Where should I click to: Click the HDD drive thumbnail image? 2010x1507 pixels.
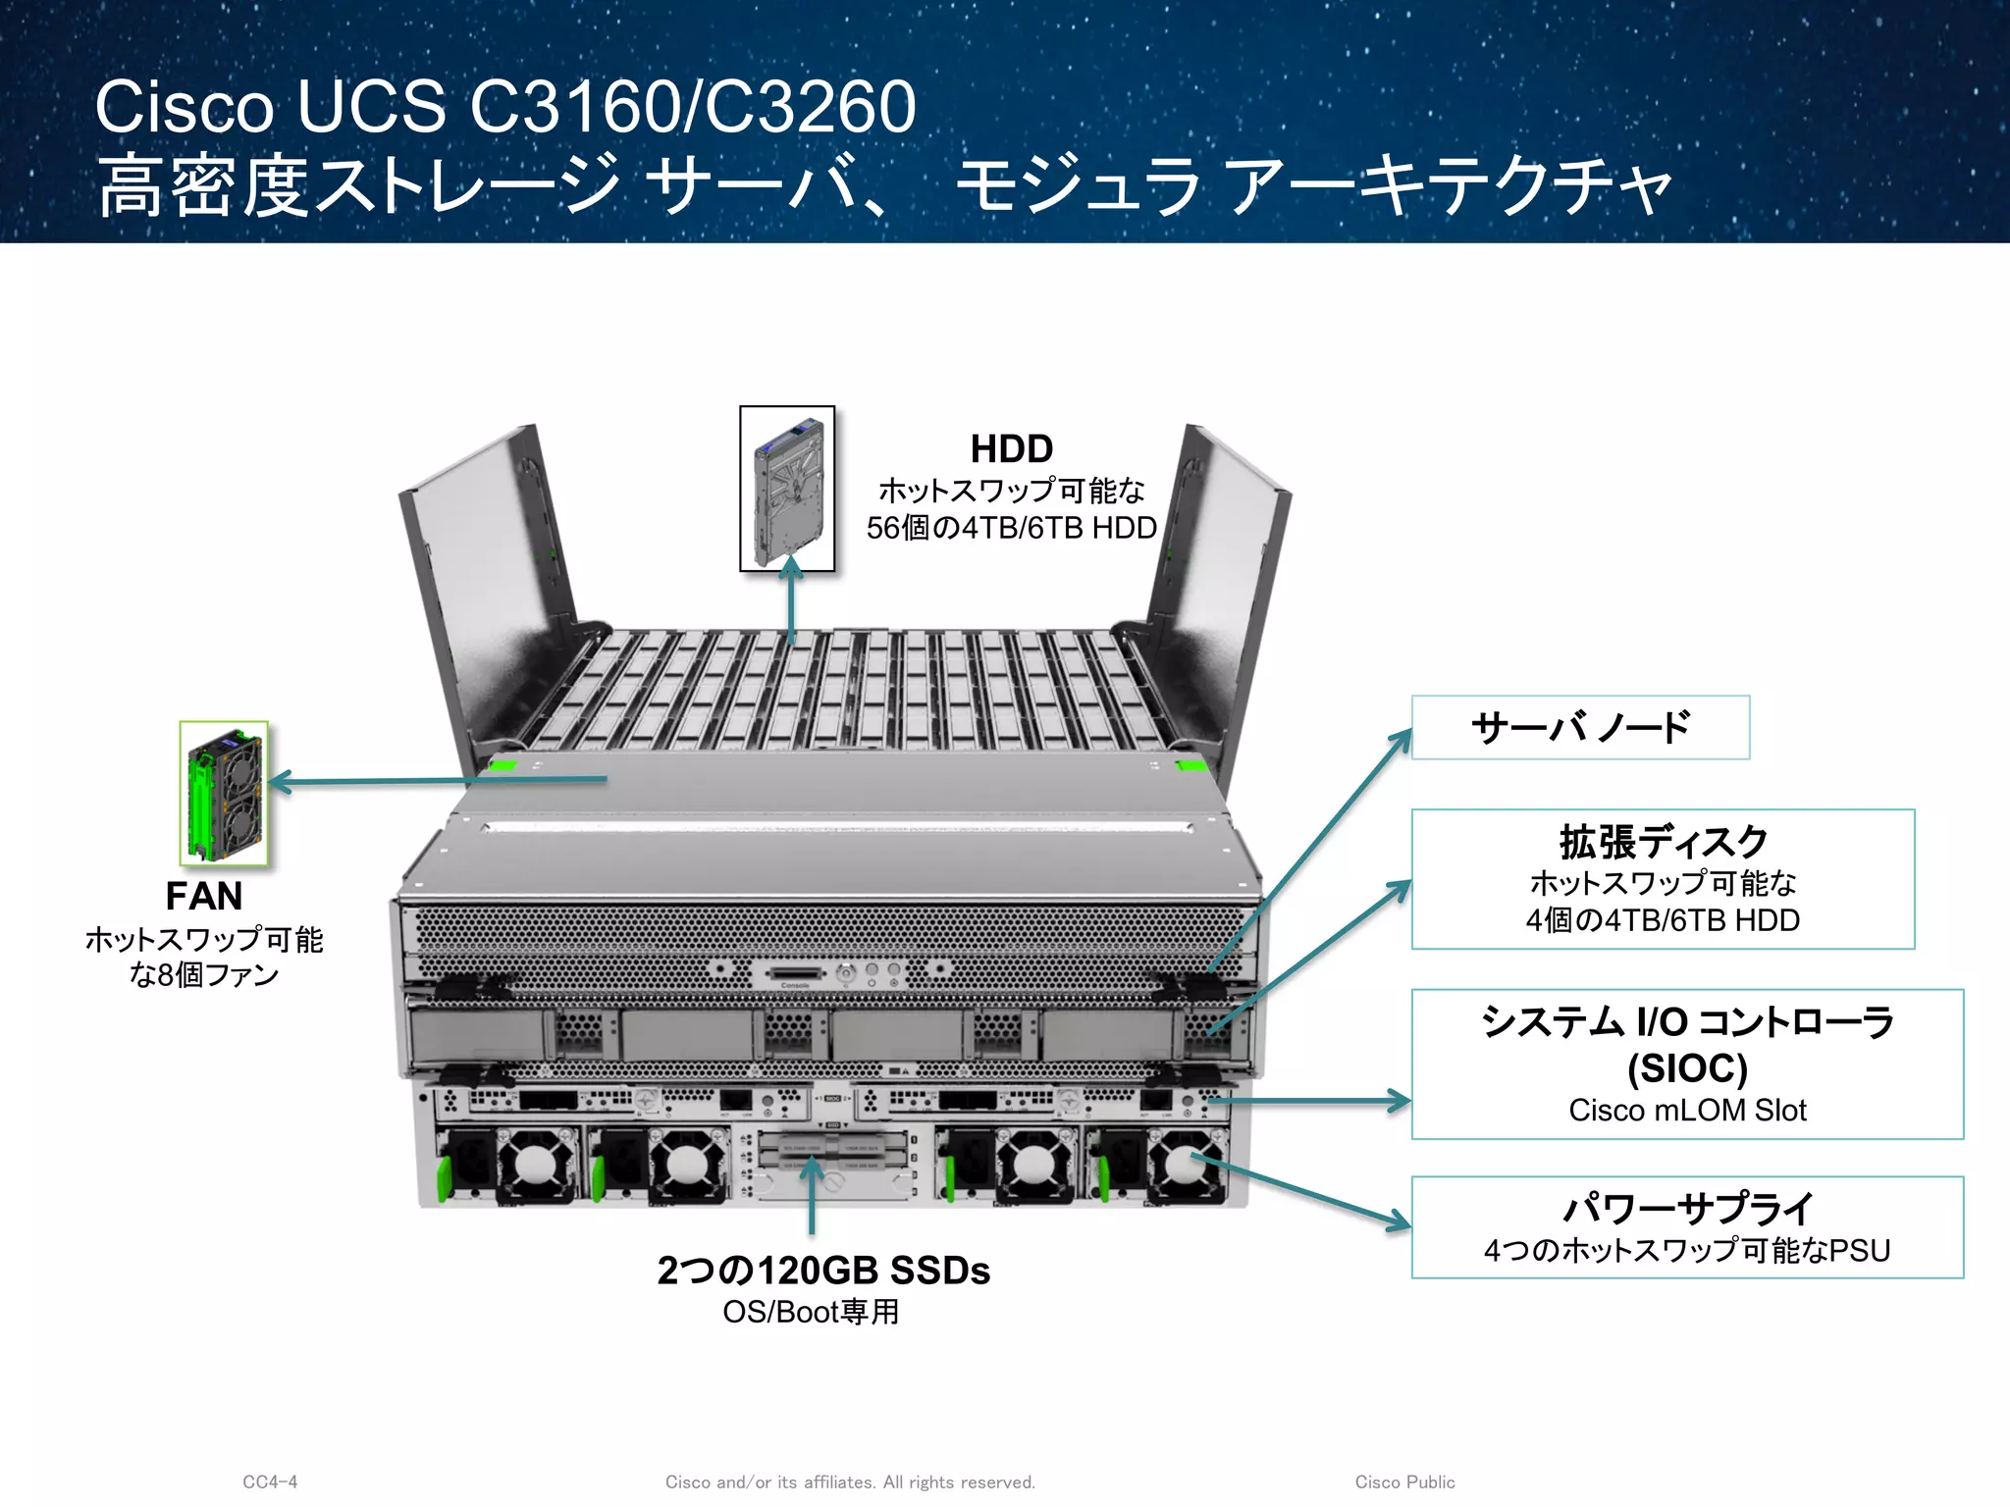[787, 489]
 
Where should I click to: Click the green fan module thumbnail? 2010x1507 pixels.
[224, 793]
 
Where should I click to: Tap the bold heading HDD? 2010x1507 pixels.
[1011, 449]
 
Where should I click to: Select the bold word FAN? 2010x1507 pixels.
[203, 896]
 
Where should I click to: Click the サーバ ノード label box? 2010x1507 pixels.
[1580, 727]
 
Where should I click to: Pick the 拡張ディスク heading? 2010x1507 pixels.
[1663, 842]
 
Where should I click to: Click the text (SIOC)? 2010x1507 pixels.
[1687, 1067]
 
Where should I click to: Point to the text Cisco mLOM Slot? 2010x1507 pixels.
[1687, 1110]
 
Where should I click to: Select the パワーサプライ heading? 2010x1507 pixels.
[1687, 1208]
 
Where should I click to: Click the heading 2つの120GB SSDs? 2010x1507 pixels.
[823, 1271]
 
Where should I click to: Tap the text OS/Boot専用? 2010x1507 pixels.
[811, 1312]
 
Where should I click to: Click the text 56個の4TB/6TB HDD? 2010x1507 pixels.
[1011, 528]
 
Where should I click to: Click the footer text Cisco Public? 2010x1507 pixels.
[1404, 1481]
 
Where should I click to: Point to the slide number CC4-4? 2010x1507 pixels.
[270, 1481]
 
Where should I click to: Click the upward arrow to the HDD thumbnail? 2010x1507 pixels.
[792, 598]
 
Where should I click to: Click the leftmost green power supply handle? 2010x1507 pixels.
[443, 1177]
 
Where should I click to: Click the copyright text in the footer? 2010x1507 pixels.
[850, 1481]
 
